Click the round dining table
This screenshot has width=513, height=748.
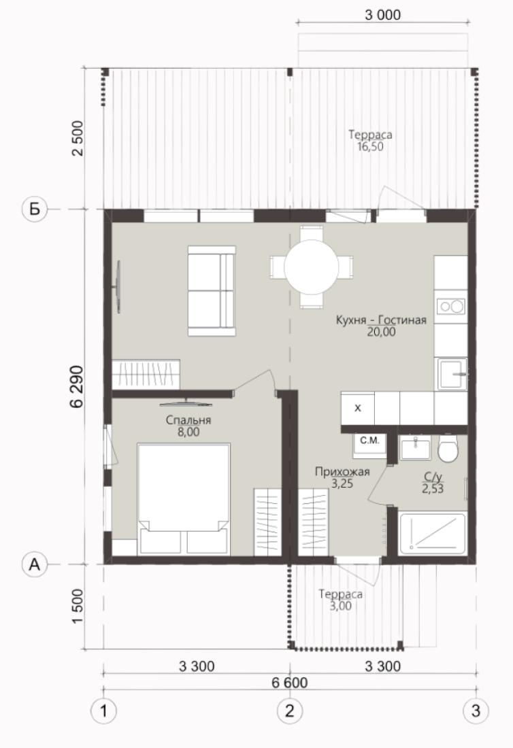click(311, 267)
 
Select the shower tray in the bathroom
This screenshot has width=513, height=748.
click(432, 533)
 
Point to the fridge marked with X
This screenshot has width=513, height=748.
click(357, 408)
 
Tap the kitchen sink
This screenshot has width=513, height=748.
click(452, 374)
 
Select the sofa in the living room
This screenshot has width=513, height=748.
click(212, 290)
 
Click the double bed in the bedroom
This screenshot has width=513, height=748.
click(183, 499)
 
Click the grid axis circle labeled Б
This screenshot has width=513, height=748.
click(35, 209)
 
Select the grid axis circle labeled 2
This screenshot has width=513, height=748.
click(290, 711)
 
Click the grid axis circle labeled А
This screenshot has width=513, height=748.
click(35, 564)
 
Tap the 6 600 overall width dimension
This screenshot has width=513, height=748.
click(290, 683)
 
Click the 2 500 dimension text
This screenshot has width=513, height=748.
click(78, 138)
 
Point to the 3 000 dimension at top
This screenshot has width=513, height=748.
click(383, 15)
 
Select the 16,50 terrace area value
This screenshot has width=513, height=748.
click(370, 147)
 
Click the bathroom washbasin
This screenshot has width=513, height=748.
click(416, 447)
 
